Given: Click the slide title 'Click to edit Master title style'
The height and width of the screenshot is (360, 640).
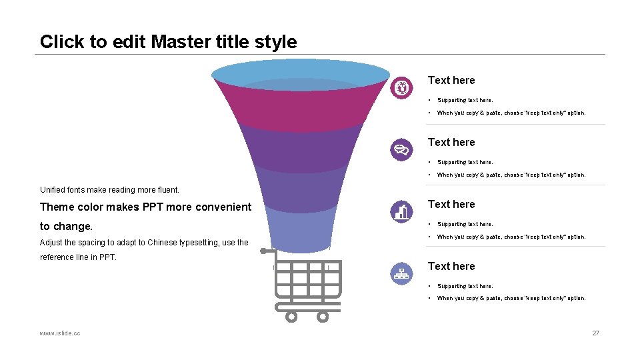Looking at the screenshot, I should coord(168,41).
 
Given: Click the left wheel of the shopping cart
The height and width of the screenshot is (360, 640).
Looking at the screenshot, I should coord(291,317).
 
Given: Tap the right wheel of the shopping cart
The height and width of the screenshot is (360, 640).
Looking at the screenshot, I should coord(323,317).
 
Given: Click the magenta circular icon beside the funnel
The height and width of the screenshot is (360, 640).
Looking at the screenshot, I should coord(401,87).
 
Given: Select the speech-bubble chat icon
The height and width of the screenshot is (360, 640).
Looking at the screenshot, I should coord(401,149).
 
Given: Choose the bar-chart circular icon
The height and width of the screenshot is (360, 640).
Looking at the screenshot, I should coord(401,211).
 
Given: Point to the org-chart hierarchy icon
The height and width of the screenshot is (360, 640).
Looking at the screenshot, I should coord(401,273).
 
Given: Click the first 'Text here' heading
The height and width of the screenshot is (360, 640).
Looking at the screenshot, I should coord(451,80).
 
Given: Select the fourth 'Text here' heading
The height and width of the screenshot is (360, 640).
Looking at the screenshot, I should coord(451,266).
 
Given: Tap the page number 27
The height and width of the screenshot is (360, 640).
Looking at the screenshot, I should coord(596,333).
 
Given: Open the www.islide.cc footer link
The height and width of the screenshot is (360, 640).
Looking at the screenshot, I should coord(60,333).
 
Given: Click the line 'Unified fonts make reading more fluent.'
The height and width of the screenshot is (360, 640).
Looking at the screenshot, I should coord(110,190).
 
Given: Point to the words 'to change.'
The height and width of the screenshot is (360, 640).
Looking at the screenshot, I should coord(67,226).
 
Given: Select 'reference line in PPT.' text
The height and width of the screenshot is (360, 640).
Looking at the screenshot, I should coord(78,257).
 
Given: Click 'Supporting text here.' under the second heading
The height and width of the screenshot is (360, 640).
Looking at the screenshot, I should coord(465,162).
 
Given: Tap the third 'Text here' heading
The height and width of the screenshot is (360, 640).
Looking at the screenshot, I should coord(451,204).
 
